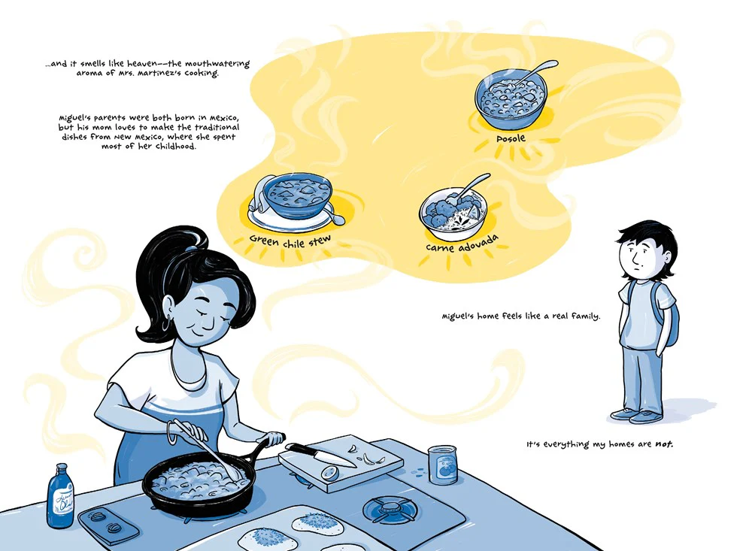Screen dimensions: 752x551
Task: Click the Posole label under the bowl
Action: click(x=511, y=138)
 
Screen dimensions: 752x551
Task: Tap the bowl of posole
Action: click(x=511, y=99)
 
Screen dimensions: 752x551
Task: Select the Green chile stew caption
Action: click(x=290, y=241)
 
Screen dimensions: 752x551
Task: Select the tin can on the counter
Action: click(x=442, y=465)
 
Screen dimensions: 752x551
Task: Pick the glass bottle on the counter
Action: click(x=60, y=496)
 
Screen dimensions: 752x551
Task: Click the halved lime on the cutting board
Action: click(x=330, y=473)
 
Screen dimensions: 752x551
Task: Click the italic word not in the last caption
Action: click(x=664, y=444)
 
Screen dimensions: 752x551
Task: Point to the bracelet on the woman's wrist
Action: click(x=170, y=432)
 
